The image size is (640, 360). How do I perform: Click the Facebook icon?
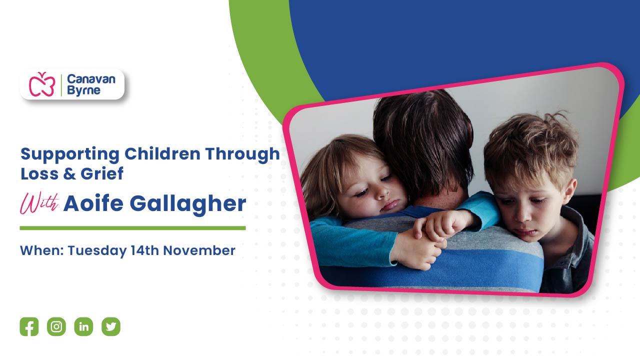click(29, 327)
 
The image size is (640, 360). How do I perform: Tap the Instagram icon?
click(56, 327)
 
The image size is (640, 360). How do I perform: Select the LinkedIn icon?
click(83, 327)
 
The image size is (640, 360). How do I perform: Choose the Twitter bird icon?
click(111, 327)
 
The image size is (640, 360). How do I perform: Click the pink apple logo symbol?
click(41, 84)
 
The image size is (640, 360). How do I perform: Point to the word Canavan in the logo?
click(91, 79)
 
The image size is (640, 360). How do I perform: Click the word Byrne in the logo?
click(83, 90)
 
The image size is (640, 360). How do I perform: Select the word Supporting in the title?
click(70, 154)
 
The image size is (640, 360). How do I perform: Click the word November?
click(199, 250)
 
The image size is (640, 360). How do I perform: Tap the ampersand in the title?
click(67, 173)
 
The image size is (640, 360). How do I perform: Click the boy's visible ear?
click(570, 190)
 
